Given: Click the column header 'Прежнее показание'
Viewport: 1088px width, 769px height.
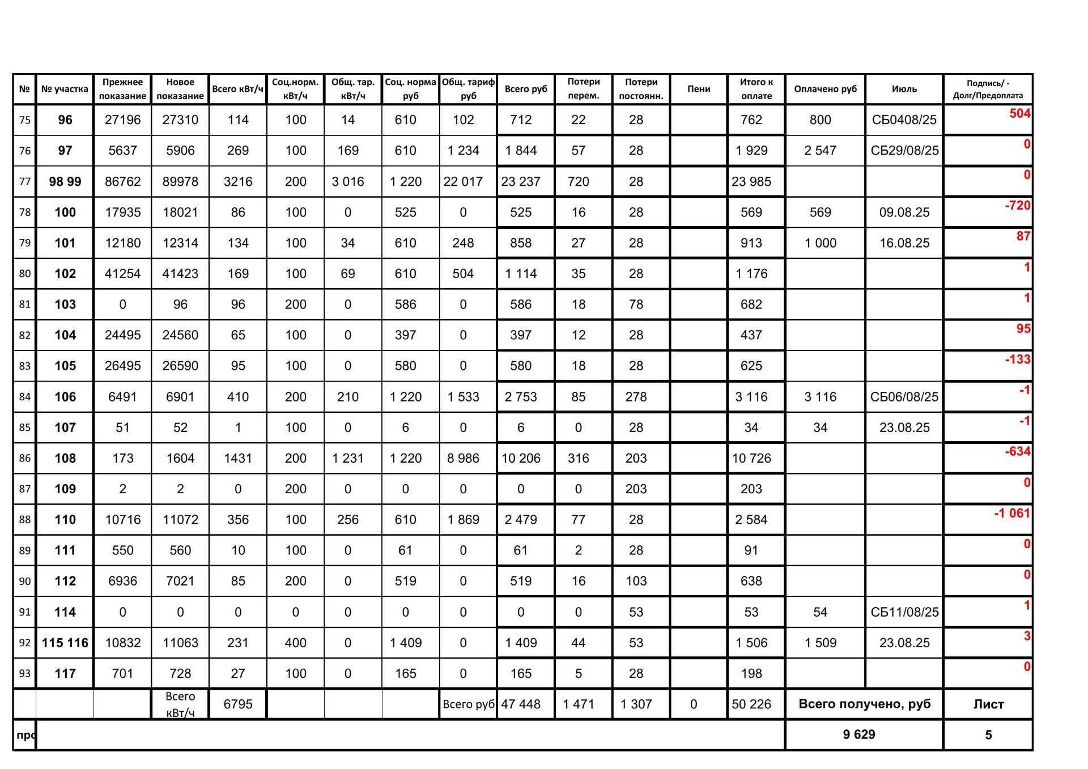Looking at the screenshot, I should click(122, 89).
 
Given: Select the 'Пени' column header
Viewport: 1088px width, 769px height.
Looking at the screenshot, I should click(699, 89).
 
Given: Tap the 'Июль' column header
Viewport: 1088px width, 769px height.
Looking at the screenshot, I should click(904, 89).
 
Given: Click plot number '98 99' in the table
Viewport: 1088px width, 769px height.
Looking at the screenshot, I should click(65, 182).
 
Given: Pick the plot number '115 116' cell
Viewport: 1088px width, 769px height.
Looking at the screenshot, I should click(65, 643).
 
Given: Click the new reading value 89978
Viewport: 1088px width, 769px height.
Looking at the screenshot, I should click(180, 182).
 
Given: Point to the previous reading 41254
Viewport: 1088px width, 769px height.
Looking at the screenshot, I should click(122, 274).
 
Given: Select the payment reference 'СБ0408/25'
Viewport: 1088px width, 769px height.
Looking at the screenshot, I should click(904, 120).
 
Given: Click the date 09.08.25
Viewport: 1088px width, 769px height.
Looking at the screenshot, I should click(904, 212).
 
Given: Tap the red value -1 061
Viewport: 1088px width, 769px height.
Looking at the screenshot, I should click(1012, 514).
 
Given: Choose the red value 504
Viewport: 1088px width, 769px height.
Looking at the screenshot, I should click(1019, 113).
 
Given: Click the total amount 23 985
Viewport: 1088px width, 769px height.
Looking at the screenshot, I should click(751, 182).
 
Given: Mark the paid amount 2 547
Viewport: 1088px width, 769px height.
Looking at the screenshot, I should click(820, 151).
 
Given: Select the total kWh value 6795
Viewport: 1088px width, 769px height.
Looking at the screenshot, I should click(238, 704).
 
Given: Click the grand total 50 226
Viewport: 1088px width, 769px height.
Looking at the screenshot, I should click(751, 704).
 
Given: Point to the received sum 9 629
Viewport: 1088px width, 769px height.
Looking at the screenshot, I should click(858, 734).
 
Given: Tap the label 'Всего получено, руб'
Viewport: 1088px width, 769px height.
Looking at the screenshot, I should click(864, 704).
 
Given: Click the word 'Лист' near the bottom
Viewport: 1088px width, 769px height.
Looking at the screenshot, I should click(988, 704).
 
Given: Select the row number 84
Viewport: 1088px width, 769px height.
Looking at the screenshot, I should click(25, 397).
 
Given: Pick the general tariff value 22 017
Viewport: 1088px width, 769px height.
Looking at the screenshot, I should click(463, 182).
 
